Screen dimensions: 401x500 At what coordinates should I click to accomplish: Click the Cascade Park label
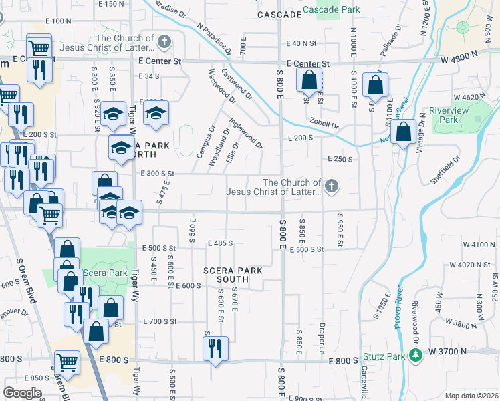[x=332, y=10]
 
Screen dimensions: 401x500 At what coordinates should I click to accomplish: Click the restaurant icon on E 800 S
[x=215, y=349]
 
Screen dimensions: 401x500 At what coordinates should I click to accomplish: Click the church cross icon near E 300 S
[x=331, y=187]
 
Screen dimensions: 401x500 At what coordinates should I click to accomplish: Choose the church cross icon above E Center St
[x=164, y=43]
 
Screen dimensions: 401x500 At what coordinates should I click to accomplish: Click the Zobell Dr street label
[x=324, y=124]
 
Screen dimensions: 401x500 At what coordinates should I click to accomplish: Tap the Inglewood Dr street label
[x=246, y=134]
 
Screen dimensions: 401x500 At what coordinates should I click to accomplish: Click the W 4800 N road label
[x=461, y=60]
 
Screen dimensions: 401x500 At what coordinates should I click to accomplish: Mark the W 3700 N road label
[x=452, y=350]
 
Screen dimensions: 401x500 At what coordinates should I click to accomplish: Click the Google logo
[x=23, y=393]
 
